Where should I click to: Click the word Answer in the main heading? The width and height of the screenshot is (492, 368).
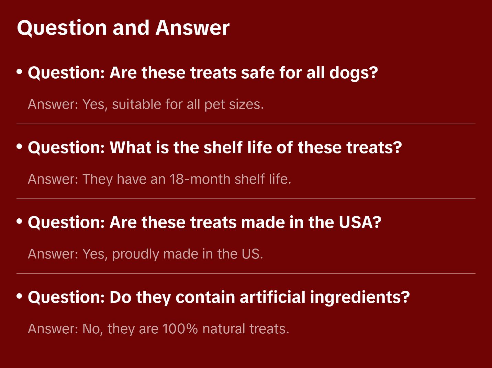192,28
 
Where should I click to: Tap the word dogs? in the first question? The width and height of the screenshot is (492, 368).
354,73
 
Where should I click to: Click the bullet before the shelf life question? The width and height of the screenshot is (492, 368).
20,147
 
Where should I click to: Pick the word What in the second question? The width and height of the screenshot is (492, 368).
131,148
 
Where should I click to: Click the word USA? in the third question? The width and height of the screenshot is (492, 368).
360,222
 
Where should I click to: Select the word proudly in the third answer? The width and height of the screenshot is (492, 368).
135,254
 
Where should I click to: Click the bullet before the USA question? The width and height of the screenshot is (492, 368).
20,221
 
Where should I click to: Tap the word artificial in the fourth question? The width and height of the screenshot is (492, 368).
272,297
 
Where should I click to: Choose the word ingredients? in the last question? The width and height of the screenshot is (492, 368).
360,298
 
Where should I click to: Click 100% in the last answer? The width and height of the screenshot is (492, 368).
180,329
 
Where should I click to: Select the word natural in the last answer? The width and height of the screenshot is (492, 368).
224,329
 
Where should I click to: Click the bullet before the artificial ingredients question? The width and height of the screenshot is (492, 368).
20,296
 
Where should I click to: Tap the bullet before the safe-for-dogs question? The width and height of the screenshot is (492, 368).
20,72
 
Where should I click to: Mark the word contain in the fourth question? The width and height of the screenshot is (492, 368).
205,297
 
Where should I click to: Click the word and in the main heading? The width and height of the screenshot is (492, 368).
131,28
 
